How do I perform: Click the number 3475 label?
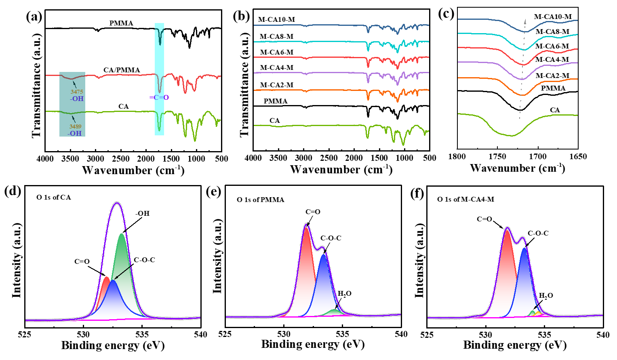(77, 92)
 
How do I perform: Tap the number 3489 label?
(76, 127)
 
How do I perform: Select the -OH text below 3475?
(77, 99)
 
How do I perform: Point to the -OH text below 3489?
(75, 133)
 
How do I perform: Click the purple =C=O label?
(159, 98)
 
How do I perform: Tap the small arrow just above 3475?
(75, 83)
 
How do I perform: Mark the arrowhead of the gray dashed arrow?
(525, 21)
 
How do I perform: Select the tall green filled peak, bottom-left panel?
(122, 263)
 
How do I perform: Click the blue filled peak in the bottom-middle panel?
(324, 283)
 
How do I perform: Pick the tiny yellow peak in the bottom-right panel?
(539, 314)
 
